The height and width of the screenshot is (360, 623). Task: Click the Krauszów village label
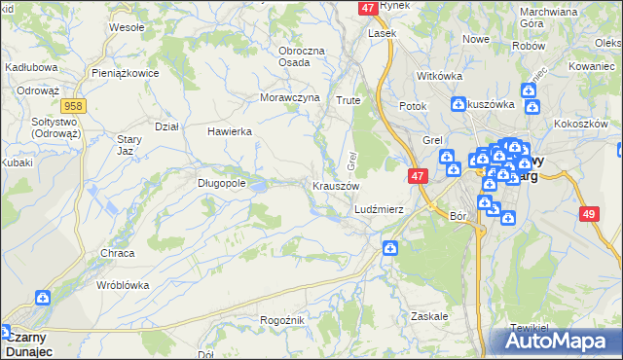tap(336, 186)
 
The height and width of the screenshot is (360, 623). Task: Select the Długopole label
tap(221, 182)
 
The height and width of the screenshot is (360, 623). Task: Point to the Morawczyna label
tap(290, 98)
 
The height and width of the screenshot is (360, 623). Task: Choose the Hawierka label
tap(230, 131)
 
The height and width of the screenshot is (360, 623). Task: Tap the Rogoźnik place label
tap(283, 320)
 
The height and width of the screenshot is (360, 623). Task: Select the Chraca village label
tap(117, 253)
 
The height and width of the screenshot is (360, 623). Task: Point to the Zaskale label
tap(429, 316)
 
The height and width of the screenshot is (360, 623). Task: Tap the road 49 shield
tap(588, 214)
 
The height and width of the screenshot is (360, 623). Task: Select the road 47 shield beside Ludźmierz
tap(417, 176)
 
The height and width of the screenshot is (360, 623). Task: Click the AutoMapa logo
tap(557, 342)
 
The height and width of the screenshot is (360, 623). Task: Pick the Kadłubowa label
tap(32, 67)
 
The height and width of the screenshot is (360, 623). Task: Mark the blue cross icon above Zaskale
tap(390, 249)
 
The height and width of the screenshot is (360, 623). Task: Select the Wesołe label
tap(127, 27)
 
